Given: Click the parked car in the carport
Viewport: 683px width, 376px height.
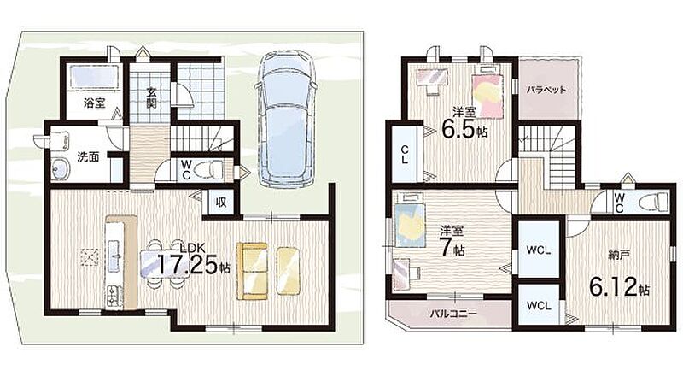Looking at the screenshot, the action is tap(285, 118).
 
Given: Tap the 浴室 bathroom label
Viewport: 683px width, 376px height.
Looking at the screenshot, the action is tap(95, 103).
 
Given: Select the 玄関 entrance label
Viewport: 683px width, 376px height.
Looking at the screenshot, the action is tap(151, 98).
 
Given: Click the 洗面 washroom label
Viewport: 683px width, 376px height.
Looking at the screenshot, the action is tap(88, 157).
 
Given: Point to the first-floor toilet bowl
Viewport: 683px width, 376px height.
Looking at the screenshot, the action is tap(207, 169).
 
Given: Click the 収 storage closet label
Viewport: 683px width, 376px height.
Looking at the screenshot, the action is tap(221, 203).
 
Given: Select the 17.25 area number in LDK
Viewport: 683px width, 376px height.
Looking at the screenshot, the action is tap(187, 264).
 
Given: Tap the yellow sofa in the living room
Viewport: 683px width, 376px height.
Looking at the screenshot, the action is tap(251, 271).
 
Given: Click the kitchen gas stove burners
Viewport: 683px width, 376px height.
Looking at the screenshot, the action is tap(114, 296).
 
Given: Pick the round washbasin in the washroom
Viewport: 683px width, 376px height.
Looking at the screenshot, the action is tap(61, 169).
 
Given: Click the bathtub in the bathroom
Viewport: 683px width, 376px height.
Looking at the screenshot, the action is tap(95, 77).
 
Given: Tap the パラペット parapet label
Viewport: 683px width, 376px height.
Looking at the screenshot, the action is tap(546, 91).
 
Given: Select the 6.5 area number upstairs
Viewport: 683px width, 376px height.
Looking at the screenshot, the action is tap(458, 129).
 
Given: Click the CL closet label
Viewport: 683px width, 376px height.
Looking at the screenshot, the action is tap(405, 155).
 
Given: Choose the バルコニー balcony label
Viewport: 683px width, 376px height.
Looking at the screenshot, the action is tap(453, 314).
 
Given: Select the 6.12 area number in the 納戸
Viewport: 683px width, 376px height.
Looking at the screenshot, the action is tap(613, 286).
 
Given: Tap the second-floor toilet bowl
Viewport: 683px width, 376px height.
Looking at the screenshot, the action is tap(652, 203).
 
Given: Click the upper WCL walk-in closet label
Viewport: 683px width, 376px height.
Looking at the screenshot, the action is tap(539, 250).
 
